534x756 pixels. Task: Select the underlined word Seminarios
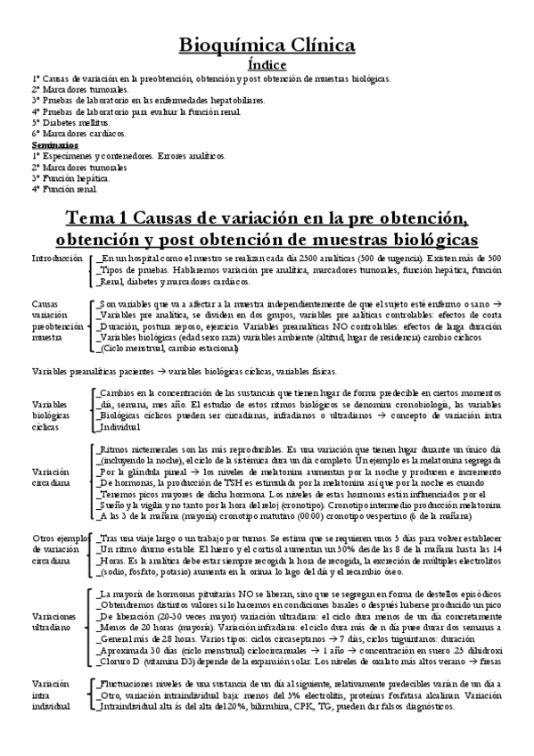[54, 144]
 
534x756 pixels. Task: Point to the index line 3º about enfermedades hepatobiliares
[148, 101]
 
